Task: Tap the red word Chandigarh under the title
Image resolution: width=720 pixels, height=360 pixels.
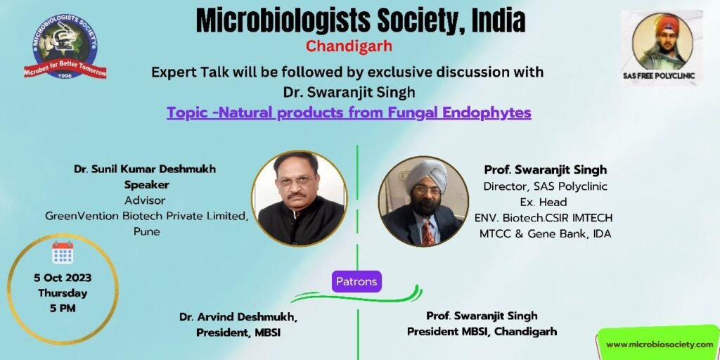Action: click(349, 47)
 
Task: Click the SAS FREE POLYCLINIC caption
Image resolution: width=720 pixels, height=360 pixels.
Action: click(659, 76)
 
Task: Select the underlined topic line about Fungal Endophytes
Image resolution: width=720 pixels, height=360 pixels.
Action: click(349, 112)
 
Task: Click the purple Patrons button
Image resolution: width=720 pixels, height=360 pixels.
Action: click(356, 281)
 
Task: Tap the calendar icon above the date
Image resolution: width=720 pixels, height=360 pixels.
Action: click(63, 252)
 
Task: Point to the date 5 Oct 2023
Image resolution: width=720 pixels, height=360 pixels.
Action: click(63, 278)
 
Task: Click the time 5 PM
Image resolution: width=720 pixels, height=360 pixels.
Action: click(63, 308)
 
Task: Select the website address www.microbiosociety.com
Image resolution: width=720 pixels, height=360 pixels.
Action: click(660, 344)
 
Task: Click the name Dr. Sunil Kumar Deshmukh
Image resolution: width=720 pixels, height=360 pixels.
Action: click(145, 169)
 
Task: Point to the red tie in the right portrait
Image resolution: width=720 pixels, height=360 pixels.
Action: click(428, 232)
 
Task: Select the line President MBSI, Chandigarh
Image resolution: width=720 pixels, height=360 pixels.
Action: click(482, 331)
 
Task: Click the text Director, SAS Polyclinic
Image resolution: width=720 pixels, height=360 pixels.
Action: click(546, 186)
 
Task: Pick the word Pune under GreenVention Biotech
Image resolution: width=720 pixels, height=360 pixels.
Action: click(147, 232)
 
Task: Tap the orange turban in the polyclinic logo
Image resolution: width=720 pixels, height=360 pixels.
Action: click(667, 25)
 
